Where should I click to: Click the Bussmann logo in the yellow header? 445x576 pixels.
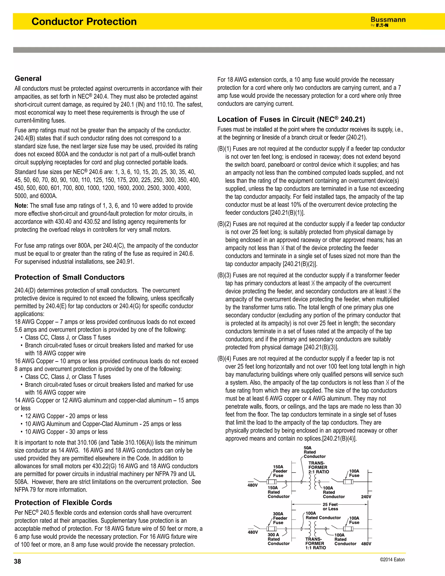point(388,22)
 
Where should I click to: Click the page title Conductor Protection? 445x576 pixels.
point(84,22)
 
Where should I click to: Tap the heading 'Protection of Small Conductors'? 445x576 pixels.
point(70,277)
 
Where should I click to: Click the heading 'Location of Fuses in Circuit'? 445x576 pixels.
point(291,120)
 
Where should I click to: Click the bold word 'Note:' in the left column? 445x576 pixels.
point(21,206)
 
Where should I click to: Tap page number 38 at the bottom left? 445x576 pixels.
point(17,561)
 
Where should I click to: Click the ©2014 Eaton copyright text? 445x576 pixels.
point(392,560)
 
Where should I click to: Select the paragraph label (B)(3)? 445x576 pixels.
point(224,275)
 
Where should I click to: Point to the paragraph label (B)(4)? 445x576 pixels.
point(224,359)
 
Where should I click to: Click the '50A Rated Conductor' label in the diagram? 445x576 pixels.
point(314,452)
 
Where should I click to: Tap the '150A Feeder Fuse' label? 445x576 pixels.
point(280,471)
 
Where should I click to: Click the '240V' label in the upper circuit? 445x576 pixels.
point(366,497)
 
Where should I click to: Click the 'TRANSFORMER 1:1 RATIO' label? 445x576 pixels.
point(315,543)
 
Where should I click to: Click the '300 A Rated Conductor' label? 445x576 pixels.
point(278,539)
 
